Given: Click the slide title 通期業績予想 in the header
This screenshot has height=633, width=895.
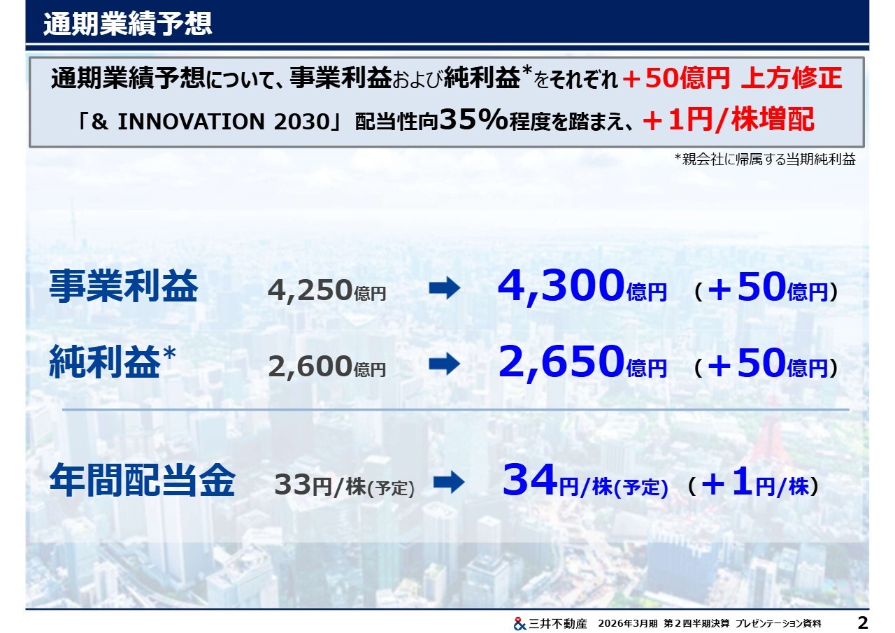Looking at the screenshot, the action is [x=127, y=24].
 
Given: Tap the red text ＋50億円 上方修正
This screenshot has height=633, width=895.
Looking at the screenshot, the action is [x=732, y=78].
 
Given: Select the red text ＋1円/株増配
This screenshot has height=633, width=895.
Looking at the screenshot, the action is [x=729, y=120].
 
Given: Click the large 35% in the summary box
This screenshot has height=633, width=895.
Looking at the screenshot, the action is [x=473, y=119].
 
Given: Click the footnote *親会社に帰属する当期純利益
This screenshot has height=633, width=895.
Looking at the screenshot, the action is [x=765, y=159].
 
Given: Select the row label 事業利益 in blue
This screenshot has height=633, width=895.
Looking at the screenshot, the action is [x=124, y=286].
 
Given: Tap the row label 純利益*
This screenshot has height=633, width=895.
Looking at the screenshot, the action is [x=113, y=362].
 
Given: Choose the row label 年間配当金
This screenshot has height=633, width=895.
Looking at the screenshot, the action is [x=142, y=480].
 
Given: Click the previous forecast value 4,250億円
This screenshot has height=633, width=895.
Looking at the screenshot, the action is [x=327, y=290].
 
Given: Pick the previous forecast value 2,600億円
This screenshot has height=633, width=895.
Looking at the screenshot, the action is [x=327, y=367].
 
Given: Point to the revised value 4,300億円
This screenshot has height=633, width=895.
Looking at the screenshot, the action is [x=582, y=286].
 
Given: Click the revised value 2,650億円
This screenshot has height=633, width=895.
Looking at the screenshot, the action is [x=582, y=362].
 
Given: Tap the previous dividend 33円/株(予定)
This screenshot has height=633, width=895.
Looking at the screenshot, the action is [x=345, y=485].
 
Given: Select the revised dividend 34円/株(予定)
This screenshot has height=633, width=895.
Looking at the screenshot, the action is [x=585, y=481].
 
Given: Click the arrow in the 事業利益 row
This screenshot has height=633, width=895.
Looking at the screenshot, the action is [x=444, y=287].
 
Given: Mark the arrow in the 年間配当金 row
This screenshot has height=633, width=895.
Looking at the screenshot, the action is [x=449, y=482].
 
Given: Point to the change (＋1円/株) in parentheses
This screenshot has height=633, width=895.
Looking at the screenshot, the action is [x=754, y=483].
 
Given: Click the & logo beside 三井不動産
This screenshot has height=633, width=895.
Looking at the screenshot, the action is [x=520, y=623].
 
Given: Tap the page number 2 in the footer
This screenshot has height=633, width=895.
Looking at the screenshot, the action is [x=863, y=623].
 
